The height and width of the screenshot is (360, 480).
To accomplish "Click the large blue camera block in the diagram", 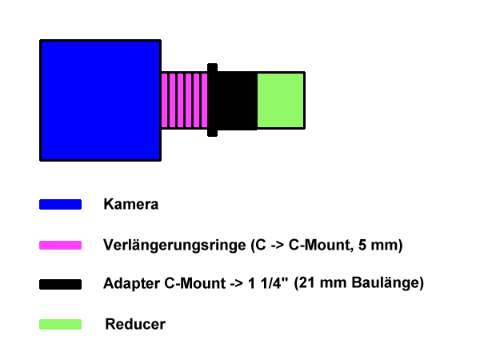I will tap(100, 99).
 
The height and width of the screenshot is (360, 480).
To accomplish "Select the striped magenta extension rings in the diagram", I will tap(184, 100).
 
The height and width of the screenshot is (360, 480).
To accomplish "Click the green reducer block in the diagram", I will tap(281, 100).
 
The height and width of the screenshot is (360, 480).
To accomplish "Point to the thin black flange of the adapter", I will tap(212, 100).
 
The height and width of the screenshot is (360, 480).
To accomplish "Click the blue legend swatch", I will tap(60, 205).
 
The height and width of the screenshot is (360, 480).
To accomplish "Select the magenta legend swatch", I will tap(60, 245).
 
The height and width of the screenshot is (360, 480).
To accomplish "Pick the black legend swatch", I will tap(60, 284).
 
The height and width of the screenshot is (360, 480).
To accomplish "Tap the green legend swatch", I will tap(60, 325).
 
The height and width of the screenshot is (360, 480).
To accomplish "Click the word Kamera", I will tap(131, 204).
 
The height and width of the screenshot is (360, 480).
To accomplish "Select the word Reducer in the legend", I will tap(135, 325).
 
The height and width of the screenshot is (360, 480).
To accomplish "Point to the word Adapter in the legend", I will tap(129, 284).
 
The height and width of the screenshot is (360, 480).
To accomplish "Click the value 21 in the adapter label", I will tap(308, 284).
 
